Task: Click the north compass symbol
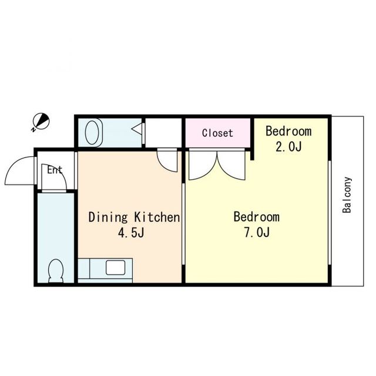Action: [41, 121]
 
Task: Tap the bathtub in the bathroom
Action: [92, 132]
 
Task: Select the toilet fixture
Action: [56, 271]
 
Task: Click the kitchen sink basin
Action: [115, 267]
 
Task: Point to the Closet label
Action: [217, 133]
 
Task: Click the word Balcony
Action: [347, 195]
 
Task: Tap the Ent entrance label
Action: [55, 170]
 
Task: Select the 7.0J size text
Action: [257, 232]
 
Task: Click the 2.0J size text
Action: [288, 146]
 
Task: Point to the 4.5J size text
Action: [131, 233]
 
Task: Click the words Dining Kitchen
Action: [134, 217]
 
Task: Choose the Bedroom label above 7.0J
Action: [257, 217]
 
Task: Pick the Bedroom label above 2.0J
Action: [288, 131]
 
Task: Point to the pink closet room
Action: [218, 133]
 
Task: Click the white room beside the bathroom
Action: [163, 133]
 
